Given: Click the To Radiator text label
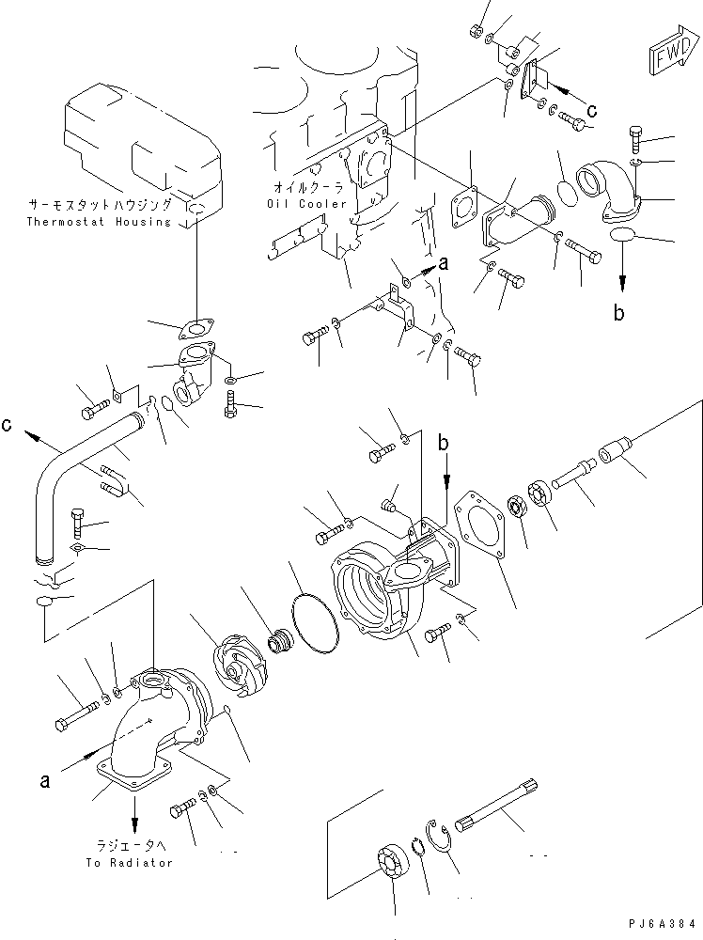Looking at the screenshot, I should point(129,863).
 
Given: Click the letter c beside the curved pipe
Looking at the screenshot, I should point(8,424).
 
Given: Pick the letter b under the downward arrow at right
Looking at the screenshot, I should point(618,314).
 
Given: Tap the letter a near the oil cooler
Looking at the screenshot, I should point(444,266).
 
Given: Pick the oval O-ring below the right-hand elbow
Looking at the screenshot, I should point(624,235).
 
